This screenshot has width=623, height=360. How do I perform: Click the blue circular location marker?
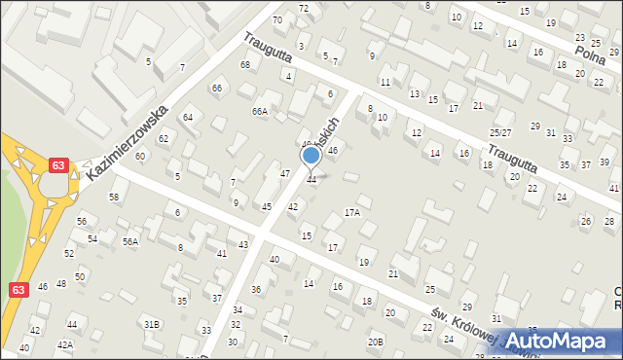(x=311, y=156)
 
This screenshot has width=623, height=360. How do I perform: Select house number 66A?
(x=259, y=112)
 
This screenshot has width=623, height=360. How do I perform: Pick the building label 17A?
(x=351, y=211)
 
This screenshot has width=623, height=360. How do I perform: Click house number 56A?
(x=129, y=241)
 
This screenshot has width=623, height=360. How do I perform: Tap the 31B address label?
(x=151, y=323)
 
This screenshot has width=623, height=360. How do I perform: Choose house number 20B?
(x=375, y=342)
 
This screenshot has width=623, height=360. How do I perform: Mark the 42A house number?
(x=65, y=344)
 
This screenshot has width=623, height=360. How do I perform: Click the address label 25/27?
(x=500, y=131)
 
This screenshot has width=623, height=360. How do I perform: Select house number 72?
(x=304, y=8)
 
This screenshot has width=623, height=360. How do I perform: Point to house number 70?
(x=277, y=19)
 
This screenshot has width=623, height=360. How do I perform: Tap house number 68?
(x=245, y=65)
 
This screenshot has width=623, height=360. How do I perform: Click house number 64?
(x=188, y=117)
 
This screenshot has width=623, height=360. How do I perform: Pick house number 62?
(x=164, y=138)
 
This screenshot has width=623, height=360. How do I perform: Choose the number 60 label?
(x=140, y=156)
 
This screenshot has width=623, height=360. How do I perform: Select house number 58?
(x=114, y=198)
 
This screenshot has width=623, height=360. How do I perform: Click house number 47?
(x=285, y=173)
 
